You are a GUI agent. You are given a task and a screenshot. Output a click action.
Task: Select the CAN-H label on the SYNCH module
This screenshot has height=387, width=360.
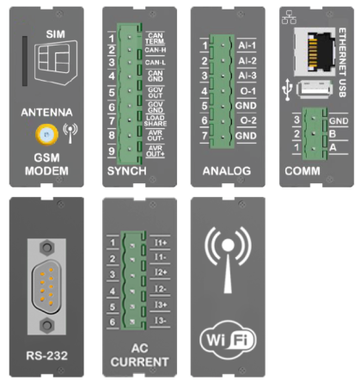[x=156, y=51]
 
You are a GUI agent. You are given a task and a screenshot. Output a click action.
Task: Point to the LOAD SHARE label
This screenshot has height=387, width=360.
[x=156, y=120]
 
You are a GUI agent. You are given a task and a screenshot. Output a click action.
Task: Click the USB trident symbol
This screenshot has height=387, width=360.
[x=286, y=87]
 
